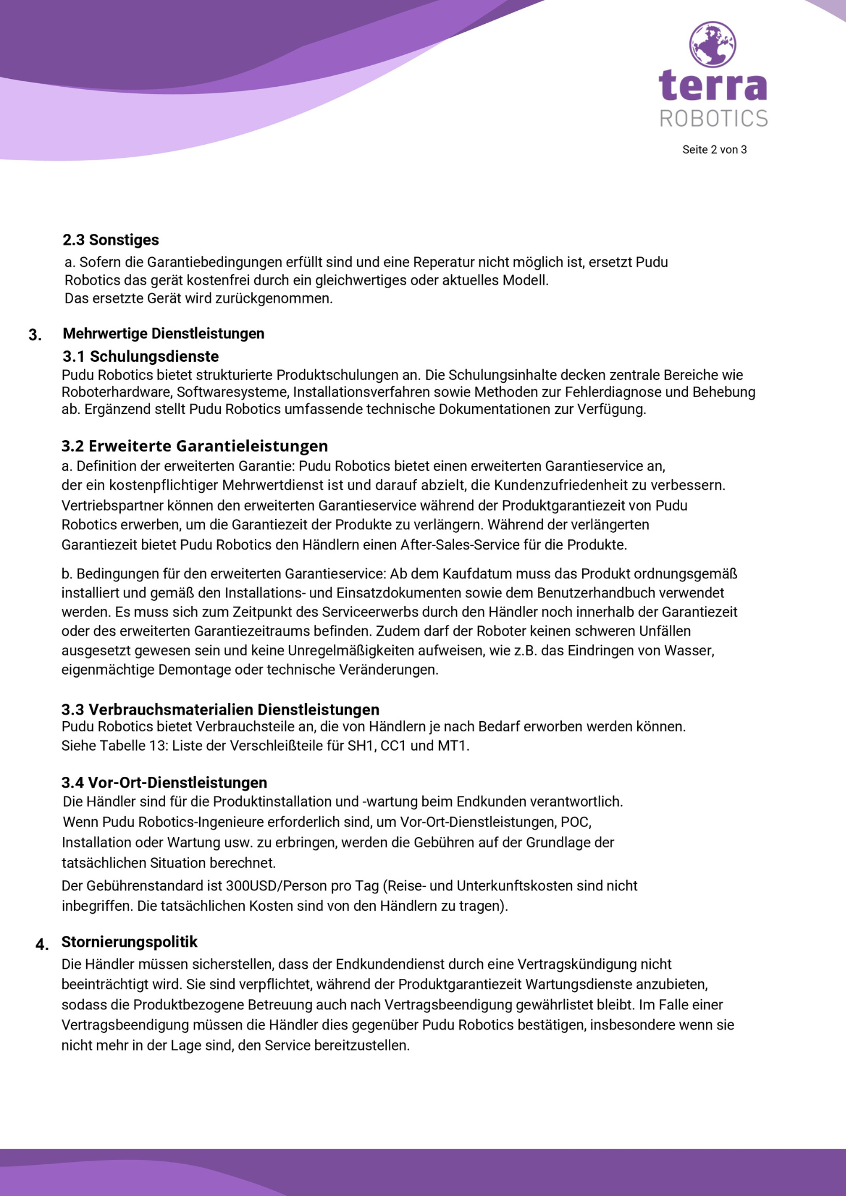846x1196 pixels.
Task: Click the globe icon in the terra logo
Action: pos(713,45)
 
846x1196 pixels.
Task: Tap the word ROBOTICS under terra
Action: pos(714,118)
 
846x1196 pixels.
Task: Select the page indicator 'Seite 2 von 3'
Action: pos(714,149)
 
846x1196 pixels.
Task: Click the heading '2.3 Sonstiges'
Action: pos(111,240)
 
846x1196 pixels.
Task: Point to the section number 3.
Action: pos(35,335)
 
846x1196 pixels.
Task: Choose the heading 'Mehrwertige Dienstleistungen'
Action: pos(163,333)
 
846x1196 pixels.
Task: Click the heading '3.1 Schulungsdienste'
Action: pos(141,356)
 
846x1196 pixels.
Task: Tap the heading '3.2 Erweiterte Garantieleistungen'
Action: pos(194,446)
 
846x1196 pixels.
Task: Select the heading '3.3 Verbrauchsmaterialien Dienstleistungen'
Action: pos(220,709)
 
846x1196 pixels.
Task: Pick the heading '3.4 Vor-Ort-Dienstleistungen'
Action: pos(165,782)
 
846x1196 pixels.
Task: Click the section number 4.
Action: pos(42,945)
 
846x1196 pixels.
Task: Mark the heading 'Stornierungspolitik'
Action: pos(129,942)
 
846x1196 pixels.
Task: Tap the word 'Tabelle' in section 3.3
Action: pos(122,746)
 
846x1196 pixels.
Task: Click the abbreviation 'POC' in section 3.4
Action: pos(575,822)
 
